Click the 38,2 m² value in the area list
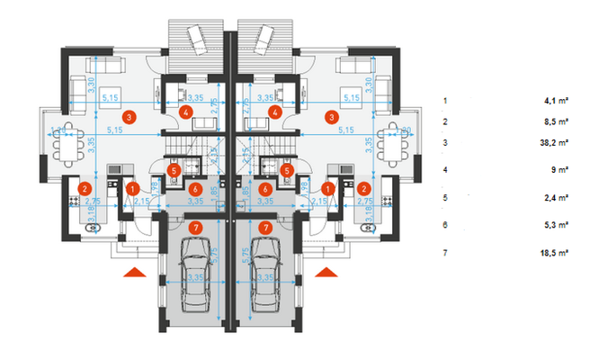pos(557,143)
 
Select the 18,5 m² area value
pos(557,254)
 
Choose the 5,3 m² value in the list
pos(559,226)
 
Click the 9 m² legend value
pos(562,170)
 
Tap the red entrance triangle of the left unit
pos(134,270)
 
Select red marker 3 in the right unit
pos(332,117)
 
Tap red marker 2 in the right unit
pos(364,188)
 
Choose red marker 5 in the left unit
pos(175,168)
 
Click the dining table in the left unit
pos(65,144)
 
